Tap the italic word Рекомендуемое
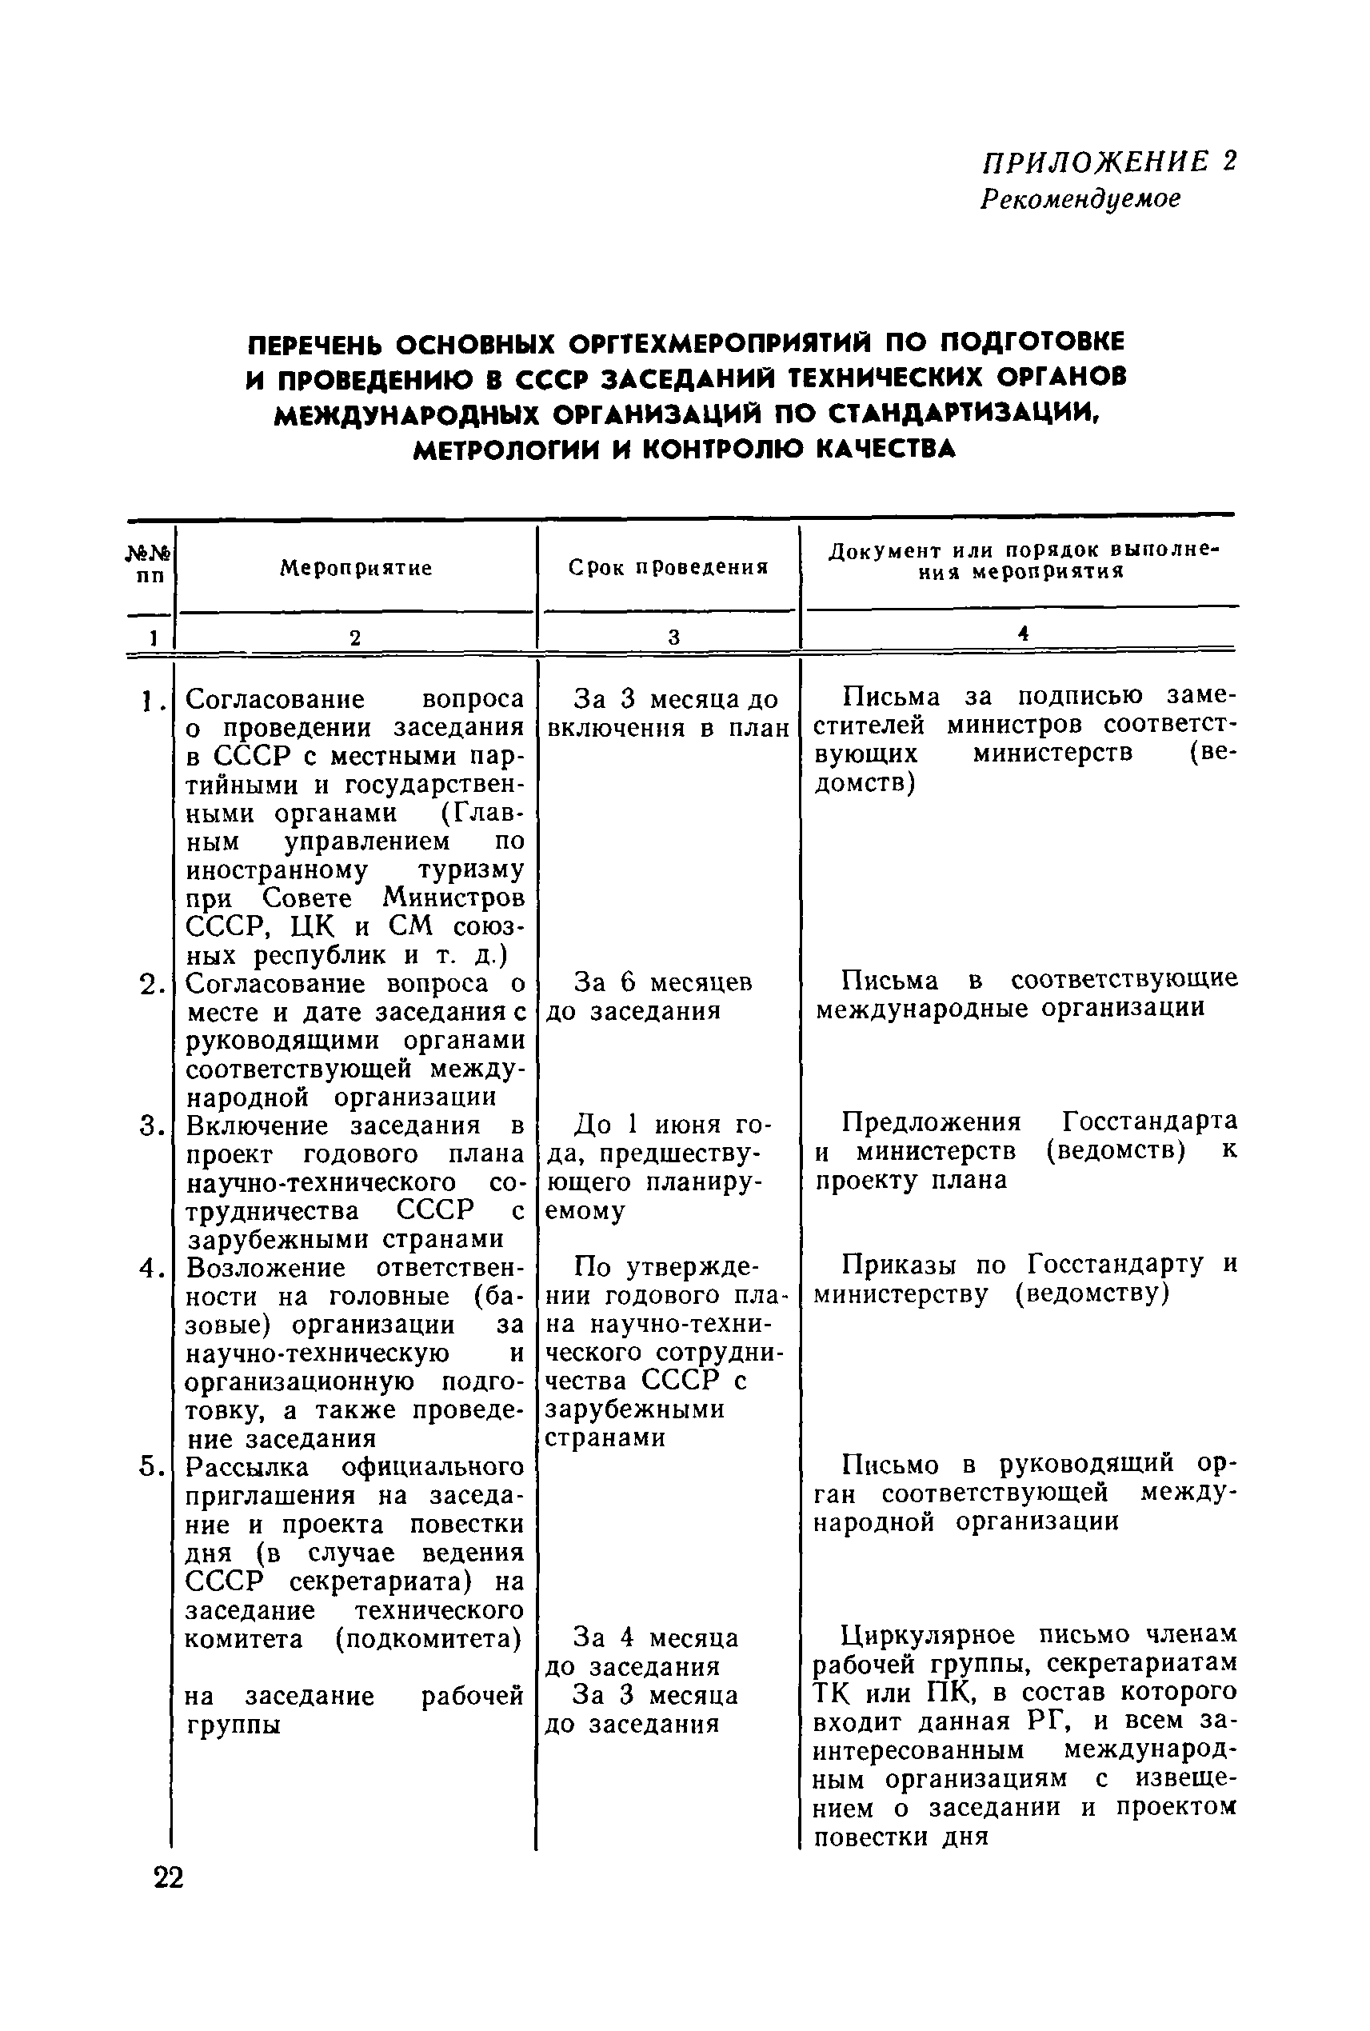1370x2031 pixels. [x=1080, y=198]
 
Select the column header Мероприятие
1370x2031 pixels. [x=356, y=568]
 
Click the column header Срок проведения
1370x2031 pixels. [x=669, y=567]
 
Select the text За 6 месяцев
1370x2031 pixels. [x=662, y=983]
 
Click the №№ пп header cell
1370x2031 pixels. [x=151, y=566]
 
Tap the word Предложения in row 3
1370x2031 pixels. [x=932, y=1121]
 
